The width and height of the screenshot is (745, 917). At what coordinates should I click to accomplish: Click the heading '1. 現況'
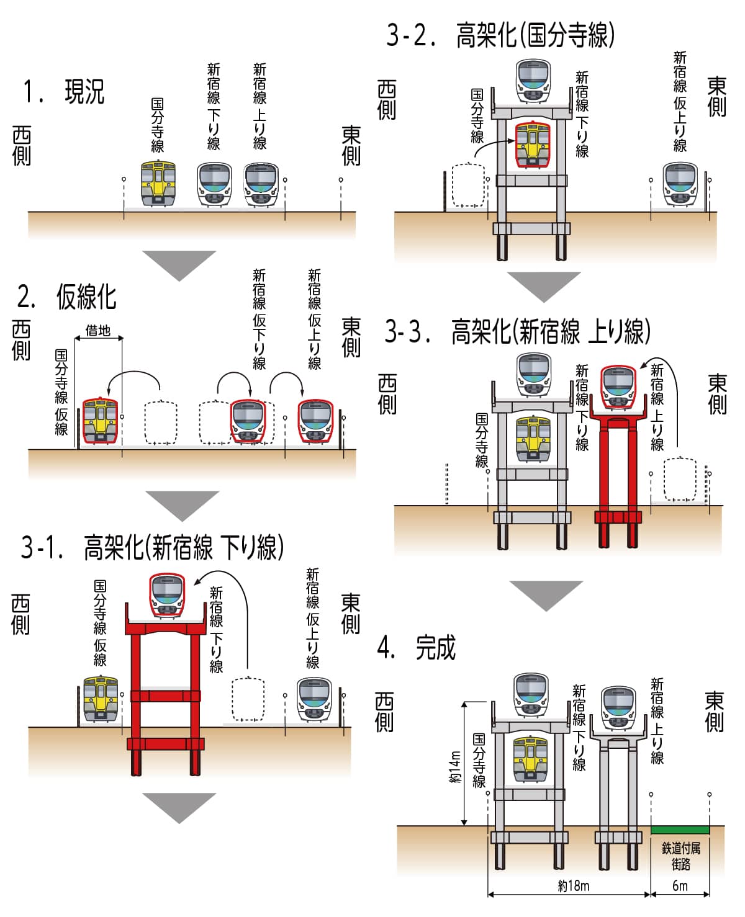pyautogui.click(x=63, y=92)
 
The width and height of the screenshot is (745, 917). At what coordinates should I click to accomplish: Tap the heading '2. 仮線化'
pyautogui.click(x=67, y=297)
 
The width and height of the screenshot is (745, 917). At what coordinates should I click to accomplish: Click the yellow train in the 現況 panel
pyautogui.click(x=158, y=183)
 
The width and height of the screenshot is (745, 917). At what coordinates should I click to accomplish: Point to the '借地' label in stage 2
pyautogui.click(x=98, y=330)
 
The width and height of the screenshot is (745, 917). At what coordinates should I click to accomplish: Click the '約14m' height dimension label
pyautogui.click(x=455, y=767)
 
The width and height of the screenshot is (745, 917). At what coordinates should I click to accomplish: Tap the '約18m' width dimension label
pyautogui.click(x=573, y=885)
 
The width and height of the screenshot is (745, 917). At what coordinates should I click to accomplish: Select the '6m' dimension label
pyautogui.click(x=680, y=885)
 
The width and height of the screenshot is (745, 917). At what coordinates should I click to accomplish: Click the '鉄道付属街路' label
pyautogui.click(x=680, y=856)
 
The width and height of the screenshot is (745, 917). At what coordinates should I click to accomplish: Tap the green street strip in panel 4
pyautogui.click(x=680, y=830)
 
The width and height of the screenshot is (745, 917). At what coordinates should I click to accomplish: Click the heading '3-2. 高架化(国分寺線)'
pyautogui.click(x=500, y=35)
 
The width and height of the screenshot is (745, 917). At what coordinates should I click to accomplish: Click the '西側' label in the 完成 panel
pyautogui.click(x=384, y=712)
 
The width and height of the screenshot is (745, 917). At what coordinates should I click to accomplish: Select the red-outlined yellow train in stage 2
pyautogui.click(x=99, y=421)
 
